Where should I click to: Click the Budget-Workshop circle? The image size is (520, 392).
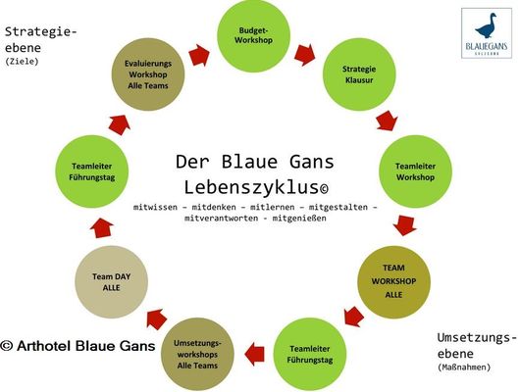pyautogui.click(x=254, y=36)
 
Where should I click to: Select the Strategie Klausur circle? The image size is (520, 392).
pyautogui.click(x=359, y=74)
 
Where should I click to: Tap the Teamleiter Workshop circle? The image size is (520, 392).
pyautogui.click(x=416, y=171)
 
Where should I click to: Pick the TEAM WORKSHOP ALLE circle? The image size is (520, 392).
pyautogui.click(x=393, y=281)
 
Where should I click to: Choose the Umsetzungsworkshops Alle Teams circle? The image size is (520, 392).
pyautogui.click(x=197, y=354)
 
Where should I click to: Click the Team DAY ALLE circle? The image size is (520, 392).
pyautogui.click(x=112, y=282)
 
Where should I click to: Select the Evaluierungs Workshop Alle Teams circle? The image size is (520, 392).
pyautogui.click(x=148, y=74)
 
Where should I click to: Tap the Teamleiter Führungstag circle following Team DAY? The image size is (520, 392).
pyautogui.click(x=92, y=171)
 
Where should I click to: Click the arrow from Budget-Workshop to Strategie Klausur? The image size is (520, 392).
pyautogui.click(x=305, y=54)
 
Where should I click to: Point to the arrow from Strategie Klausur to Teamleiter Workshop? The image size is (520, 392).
pyautogui.click(x=387, y=121)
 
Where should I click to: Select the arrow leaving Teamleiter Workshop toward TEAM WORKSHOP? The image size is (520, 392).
pyautogui.click(x=404, y=225)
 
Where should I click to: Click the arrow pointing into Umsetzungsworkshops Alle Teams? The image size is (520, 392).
pyautogui.click(x=255, y=354)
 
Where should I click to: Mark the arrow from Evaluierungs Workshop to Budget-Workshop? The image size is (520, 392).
pyautogui.click(x=199, y=55)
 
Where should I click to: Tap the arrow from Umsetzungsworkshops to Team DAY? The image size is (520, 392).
pyautogui.click(x=157, y=319)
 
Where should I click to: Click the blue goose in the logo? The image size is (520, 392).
pyautogui.click(x=487, y=25)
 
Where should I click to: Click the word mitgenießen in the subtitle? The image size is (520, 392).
pyautogui.click(x=299, y=219)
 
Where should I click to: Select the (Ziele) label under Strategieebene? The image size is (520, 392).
pyautogui.click(x=22, y=62)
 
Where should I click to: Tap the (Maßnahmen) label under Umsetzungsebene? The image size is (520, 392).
pyautogui.click(x=464, y=367)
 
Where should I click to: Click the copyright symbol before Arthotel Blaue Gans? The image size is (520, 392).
pyautogui.click(x=7, y=346)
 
